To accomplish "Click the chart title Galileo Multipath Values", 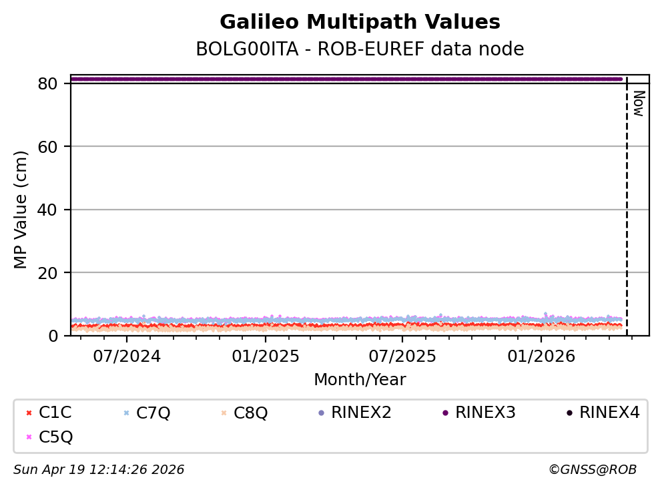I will click(360, 23).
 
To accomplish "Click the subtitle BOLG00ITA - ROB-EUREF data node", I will click(360, 49).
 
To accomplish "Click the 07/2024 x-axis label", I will click(127, 356).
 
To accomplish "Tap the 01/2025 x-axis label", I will click(265, 356).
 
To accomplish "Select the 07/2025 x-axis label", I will click(402, 356).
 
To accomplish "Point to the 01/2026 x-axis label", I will click(541, 356).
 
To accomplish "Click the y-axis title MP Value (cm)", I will click(21, 210).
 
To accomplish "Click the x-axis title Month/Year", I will click(360, 380).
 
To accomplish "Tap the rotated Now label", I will click(638, 104).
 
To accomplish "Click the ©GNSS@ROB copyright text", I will click(592, 470).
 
